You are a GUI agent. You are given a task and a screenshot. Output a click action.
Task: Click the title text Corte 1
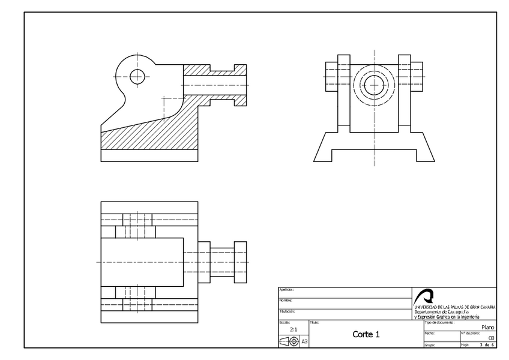(366, 334)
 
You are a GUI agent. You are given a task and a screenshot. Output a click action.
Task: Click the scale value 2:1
(294, 329)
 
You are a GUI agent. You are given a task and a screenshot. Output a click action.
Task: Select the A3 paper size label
(304, 341)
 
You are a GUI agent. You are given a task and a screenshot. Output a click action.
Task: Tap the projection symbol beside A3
(289, 341)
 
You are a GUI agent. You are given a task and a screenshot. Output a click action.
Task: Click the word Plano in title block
(488, 327)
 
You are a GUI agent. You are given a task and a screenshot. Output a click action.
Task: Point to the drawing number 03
(492, 338)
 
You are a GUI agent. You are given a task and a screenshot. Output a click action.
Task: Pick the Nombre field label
(285, 300)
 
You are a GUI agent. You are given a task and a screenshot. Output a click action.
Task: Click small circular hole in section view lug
(137, 76)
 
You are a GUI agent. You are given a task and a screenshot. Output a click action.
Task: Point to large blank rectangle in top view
(141, 262)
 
